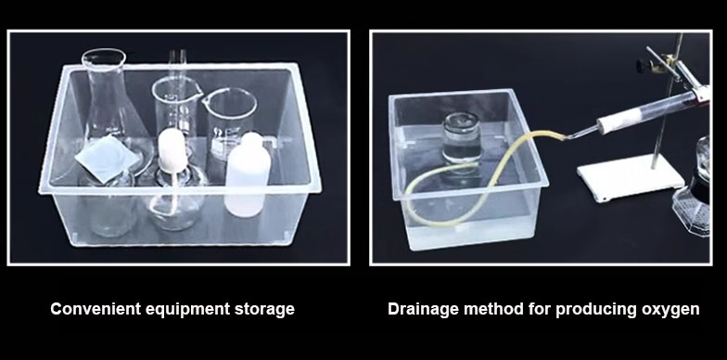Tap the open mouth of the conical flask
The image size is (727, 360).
pyautogui.click(x=104, y=56)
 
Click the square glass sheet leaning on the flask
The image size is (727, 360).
pyautogui.click(x=108, y=158)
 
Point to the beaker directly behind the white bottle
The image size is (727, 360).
pyautogui.click(x=229, y=123)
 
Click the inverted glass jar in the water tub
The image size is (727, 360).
pyautogui.click(x=462, y=139)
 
